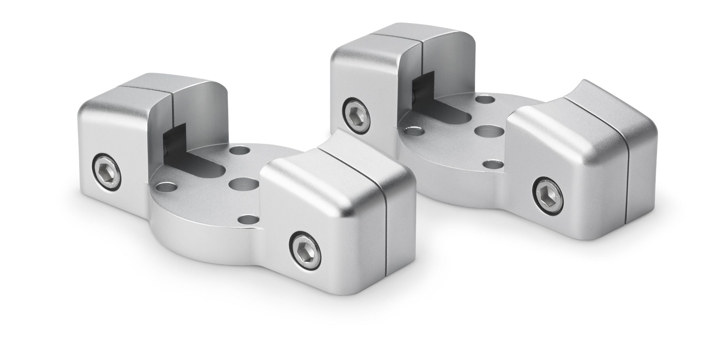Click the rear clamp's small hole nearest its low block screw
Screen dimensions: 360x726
493,164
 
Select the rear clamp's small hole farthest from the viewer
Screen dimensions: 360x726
484,99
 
